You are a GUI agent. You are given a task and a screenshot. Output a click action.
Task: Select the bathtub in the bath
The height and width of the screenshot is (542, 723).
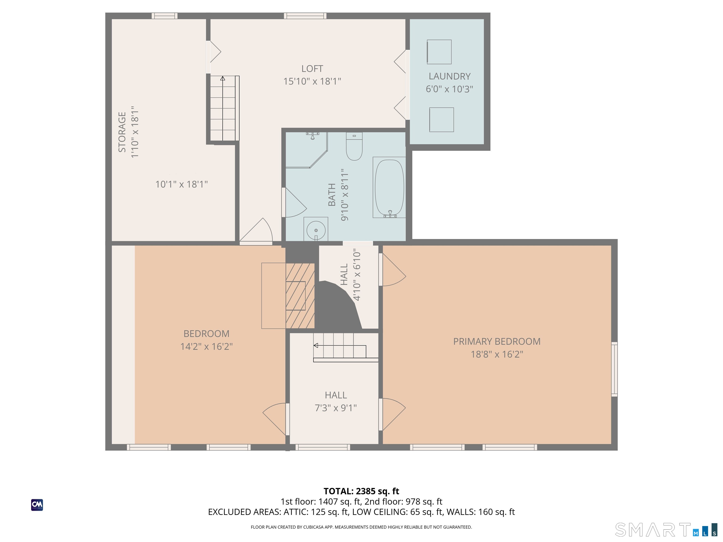point(389,187)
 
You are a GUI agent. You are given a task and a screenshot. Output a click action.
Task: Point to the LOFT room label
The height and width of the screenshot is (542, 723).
point(312,69)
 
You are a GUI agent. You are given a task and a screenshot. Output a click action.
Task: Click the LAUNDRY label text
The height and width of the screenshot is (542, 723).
point(450,76)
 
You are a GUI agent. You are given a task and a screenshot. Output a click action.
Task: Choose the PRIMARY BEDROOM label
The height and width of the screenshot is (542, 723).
point(497,341)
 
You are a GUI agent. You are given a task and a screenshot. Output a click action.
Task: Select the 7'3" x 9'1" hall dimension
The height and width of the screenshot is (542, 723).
point(336,408)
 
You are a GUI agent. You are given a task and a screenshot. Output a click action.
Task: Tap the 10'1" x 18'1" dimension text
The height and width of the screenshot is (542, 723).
point(181,184)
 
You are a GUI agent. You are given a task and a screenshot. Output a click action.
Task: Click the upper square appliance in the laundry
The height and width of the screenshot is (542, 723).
point(439,52)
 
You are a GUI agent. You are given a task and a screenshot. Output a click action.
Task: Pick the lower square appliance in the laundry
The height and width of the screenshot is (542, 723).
point(442,120)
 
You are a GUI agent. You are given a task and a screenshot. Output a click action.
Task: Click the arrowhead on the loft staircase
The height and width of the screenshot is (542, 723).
point(223,78)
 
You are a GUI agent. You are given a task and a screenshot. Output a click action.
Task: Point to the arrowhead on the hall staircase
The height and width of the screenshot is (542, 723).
point(316,345)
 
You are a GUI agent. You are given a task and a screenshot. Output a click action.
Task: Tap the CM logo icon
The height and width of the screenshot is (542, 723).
point(37,505)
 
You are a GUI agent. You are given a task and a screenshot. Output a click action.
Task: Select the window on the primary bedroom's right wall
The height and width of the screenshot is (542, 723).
point(615,369)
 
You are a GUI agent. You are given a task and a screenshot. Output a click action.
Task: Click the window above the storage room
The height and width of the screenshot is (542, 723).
point(165,16)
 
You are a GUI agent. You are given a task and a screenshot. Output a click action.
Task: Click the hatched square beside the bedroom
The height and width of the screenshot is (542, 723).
point(300,296)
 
